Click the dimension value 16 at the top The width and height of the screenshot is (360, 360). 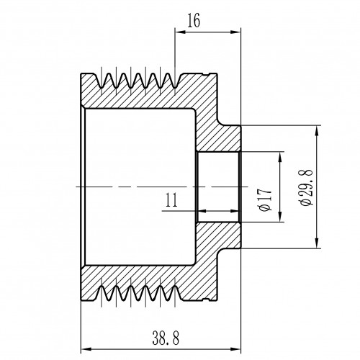(194, 21)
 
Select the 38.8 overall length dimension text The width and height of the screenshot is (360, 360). (166, 338)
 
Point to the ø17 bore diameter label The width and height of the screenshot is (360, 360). (266, 199)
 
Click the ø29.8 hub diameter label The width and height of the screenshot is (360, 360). (307, 187)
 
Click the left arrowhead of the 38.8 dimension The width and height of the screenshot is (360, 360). (86, 349)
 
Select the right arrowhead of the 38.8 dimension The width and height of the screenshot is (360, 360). (235, 349)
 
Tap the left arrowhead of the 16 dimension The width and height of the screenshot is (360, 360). (181, 32)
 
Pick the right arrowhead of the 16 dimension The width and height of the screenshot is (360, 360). (235, 32)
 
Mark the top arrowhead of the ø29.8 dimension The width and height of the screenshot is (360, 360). (318, 131)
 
